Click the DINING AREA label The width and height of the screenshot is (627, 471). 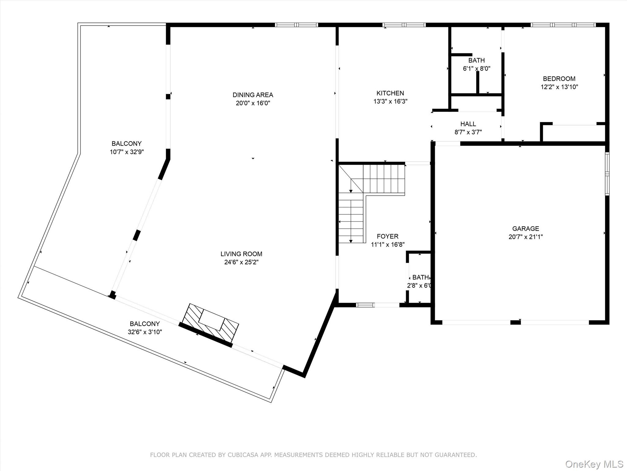point(253,95)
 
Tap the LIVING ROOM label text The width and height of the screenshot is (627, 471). point(241,254)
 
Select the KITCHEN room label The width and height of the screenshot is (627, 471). point(390,93)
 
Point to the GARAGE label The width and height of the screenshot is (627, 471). point(525,228)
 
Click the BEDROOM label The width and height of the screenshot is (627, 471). point(559,78)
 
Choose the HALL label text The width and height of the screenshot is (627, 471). point(468,124)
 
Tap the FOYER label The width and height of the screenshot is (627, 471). point(387,236)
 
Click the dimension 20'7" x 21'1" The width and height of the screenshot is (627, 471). point(525,237)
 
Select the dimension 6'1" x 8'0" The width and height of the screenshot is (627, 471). point(476,69)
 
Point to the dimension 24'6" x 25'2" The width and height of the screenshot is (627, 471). point(241,262)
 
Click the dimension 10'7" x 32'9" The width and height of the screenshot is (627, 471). point(127,152)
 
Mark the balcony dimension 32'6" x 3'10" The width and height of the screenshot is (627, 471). point(145,332)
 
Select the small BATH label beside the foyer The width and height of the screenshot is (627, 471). point(420,277)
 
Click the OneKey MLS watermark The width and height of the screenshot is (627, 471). point(594,464)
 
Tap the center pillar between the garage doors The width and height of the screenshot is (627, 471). point(515,322)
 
